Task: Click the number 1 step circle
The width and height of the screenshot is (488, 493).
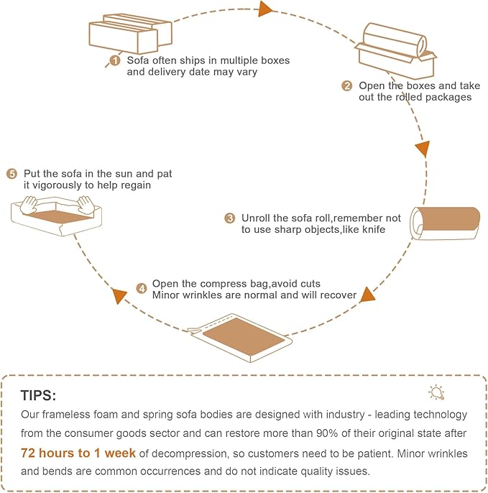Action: [x=115, y=60]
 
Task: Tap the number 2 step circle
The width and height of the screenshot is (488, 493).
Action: [x=347, y=86]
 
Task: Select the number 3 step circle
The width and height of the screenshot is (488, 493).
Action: [x=230, y=218]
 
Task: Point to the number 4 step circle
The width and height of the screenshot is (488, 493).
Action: [x=142, y=288]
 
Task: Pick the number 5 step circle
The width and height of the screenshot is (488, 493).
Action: [x=12, y=174]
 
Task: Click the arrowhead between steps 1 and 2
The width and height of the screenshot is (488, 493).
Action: [x=265, y=9]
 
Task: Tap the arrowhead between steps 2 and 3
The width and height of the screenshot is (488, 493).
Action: [x=423, y=149]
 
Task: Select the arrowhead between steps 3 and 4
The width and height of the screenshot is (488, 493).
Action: [x=367, y=295]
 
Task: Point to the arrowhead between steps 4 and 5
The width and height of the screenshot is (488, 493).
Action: [x=119, y=296]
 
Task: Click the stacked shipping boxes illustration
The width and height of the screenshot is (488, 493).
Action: [x=130, y=33]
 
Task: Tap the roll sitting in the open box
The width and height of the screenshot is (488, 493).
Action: [x=395, y=40]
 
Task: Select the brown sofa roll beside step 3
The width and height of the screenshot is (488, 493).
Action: [x=445, y=224]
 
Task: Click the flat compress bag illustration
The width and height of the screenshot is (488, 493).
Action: [x=241, y=338]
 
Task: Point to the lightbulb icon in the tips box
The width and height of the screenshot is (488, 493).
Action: [x=436, y=392]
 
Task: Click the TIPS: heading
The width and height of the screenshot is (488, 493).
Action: [x=38, y=395]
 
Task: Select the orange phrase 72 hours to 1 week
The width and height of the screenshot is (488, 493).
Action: [x=78, y=453]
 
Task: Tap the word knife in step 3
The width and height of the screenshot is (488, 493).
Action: [x=374, y=229]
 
